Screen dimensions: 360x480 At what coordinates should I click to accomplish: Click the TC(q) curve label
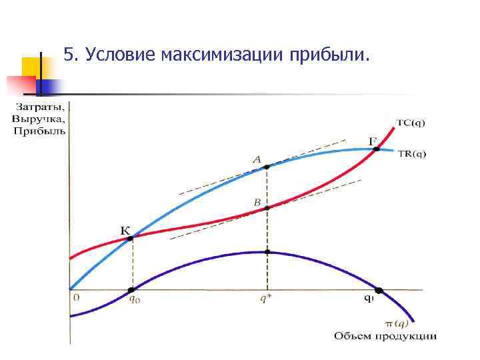pyautogui.click(x=411, y=122)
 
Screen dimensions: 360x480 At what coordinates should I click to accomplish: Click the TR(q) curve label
pyautogui.click(x=411, y=154)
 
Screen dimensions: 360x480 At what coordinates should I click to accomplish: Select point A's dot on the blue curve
pyautogui.click(x=267, y=167)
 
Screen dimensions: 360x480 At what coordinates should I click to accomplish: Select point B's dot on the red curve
pyautogui.click(x=267, y=208)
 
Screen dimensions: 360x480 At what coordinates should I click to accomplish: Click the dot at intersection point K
pyautogui.click(x=131, y=238)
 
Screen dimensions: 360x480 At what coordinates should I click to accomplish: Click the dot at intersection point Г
pyautogui.click(x=377, y=149)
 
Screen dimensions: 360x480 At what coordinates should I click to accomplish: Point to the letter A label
pyautogui.click(x=257, y=159)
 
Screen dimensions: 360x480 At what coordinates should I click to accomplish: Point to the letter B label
pyautogui.click(x=257, y=201)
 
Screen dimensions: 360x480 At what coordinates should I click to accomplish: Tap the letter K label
pyautogui.click(x=125, y=230)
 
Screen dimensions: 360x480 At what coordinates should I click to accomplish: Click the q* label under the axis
pyautogui.click(x=267, y=299)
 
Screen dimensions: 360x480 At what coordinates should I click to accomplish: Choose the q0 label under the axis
pyautogui.click(x=133, y=299)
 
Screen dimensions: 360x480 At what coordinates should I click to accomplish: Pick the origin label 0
pyautogui.click(x=75, y=297)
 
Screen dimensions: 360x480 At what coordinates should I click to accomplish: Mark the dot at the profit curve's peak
pyautogui.click(x=267, y=252)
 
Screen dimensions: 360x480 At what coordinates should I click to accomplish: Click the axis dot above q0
pyautogui.click(x=131, y=289)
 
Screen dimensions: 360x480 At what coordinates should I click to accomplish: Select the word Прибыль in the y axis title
pyautogui.click(x=39, y=130)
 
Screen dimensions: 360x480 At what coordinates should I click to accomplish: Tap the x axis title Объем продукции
pyautogui.click(x=385, y=336)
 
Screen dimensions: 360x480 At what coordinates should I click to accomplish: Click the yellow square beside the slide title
pyautogui.click(x=31, y=67)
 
